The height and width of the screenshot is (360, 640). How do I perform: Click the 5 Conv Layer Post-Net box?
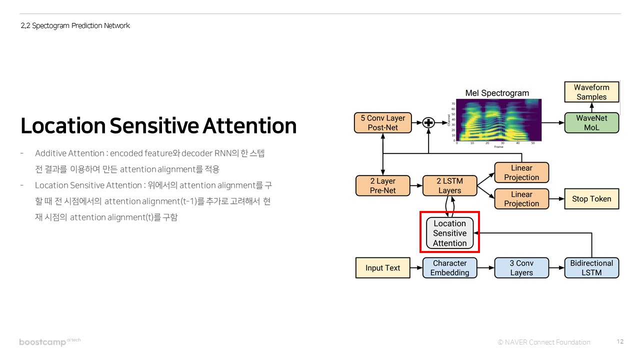coord(382,122)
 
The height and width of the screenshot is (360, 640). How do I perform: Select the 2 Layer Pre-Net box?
coord(382,185)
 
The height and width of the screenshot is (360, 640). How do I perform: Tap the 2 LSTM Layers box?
coord(449,185)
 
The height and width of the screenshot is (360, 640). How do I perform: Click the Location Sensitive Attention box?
coord(449,233)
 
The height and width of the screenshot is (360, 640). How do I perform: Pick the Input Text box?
coord(382,268)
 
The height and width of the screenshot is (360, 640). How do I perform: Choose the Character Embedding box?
coord(449,268)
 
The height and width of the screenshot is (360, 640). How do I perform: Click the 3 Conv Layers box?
coord(521,268)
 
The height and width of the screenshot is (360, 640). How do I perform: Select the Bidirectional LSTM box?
coord(591,268)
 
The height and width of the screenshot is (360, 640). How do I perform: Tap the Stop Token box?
coord(591,198)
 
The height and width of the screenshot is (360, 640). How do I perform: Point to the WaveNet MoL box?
coord(591,122)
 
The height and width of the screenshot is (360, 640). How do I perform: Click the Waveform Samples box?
coord(591,92)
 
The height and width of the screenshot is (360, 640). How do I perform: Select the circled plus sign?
coord(428,122)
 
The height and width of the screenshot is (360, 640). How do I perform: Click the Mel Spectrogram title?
coord(496,93)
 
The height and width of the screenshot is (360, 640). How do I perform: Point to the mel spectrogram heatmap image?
coord(498,119)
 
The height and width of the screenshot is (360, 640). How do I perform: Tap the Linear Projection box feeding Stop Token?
coord(521,198)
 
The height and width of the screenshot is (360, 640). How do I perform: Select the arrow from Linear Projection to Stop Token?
coord(556,198)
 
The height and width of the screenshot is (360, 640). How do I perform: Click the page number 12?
coord(620,341)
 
